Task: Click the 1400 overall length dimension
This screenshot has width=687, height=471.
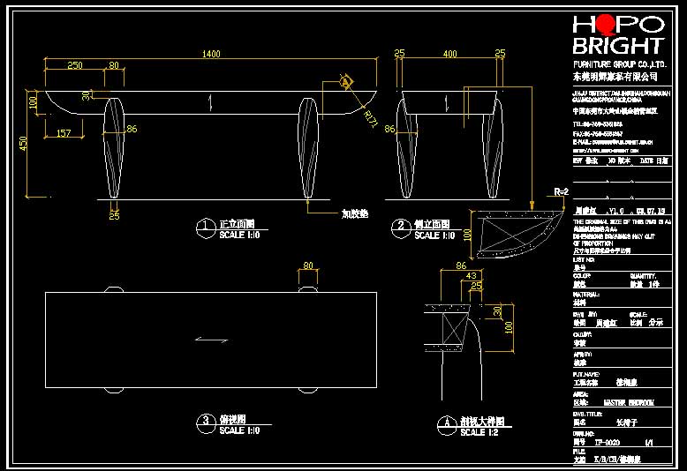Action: pyautogui.click(x=210, y=54)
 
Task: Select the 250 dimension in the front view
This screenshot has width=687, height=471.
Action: pyautogui.click(x=75, y=65)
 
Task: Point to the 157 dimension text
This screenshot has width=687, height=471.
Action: pyautogui.click(x=64, y=133)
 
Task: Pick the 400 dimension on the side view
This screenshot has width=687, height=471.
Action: pyautogui.click(x=450, y=54)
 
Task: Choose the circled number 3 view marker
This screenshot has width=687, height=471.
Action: pyautogui.click(x=205, y=422)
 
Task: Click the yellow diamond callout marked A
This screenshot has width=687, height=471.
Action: pyautogui.click(x=345, y=82)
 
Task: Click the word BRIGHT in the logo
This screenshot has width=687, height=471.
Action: pyautogui.click(x=617, y=46)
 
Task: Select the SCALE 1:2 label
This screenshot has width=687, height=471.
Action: pyautogui.click(x=472, y=432)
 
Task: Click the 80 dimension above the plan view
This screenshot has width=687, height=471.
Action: pyautogui.click(x=308, y=265)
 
